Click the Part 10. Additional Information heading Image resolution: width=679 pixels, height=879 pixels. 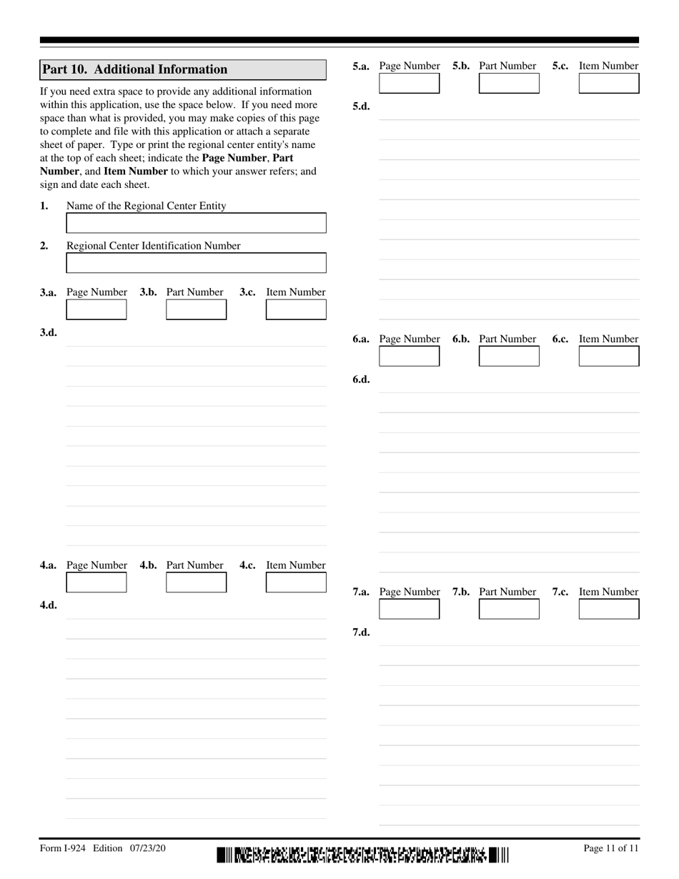pos(135,69)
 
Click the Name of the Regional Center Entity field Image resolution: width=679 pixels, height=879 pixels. pos(196,223)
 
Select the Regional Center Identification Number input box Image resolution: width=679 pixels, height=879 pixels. pos(196,263)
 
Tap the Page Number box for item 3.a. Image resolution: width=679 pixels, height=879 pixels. pos(96,309)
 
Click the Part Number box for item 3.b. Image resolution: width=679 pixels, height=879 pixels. pos(196,309)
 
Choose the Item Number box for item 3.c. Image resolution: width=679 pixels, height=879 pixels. pos(296,309)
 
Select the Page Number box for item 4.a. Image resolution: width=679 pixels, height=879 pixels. pos(96,582)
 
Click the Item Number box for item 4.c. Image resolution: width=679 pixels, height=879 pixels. pos(296,582)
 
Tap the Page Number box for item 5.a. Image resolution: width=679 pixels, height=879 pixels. pos(410,84)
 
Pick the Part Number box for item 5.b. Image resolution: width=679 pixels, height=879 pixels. pos(509,84)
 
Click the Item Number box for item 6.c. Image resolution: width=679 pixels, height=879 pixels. pos(609,356)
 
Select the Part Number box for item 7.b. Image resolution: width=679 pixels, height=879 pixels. pos(509,609)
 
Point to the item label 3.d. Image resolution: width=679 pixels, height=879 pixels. pos(49,332)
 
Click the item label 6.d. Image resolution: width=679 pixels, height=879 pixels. pos(361,379)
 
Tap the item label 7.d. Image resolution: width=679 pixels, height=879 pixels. pos(361,632)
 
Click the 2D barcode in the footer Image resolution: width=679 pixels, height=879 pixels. pos(362,855)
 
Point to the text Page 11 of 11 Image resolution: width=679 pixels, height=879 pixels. pos(610,848)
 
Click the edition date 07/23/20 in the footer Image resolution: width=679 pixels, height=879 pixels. pos(148,848)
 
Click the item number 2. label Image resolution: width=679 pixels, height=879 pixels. pos(44,246)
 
